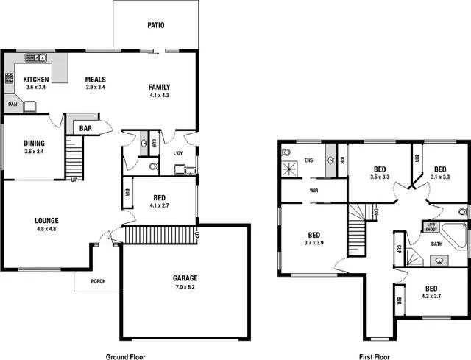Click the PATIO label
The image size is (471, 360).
155,25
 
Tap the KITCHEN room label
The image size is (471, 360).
36,80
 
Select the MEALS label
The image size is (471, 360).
95,80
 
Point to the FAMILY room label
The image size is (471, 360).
159,87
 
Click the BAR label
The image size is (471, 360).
85,128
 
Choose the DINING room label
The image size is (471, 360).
35,143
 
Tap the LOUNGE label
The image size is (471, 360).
46,220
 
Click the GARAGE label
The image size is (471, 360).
185,278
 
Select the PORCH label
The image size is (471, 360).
97,281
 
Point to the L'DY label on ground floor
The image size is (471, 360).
177,154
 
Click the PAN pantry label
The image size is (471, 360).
13,105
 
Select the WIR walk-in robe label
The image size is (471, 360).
314,190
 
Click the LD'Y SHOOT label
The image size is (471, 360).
431,226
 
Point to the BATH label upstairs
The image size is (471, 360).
436,244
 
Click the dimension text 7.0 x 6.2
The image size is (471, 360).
185,286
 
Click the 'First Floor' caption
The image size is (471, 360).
375,356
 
